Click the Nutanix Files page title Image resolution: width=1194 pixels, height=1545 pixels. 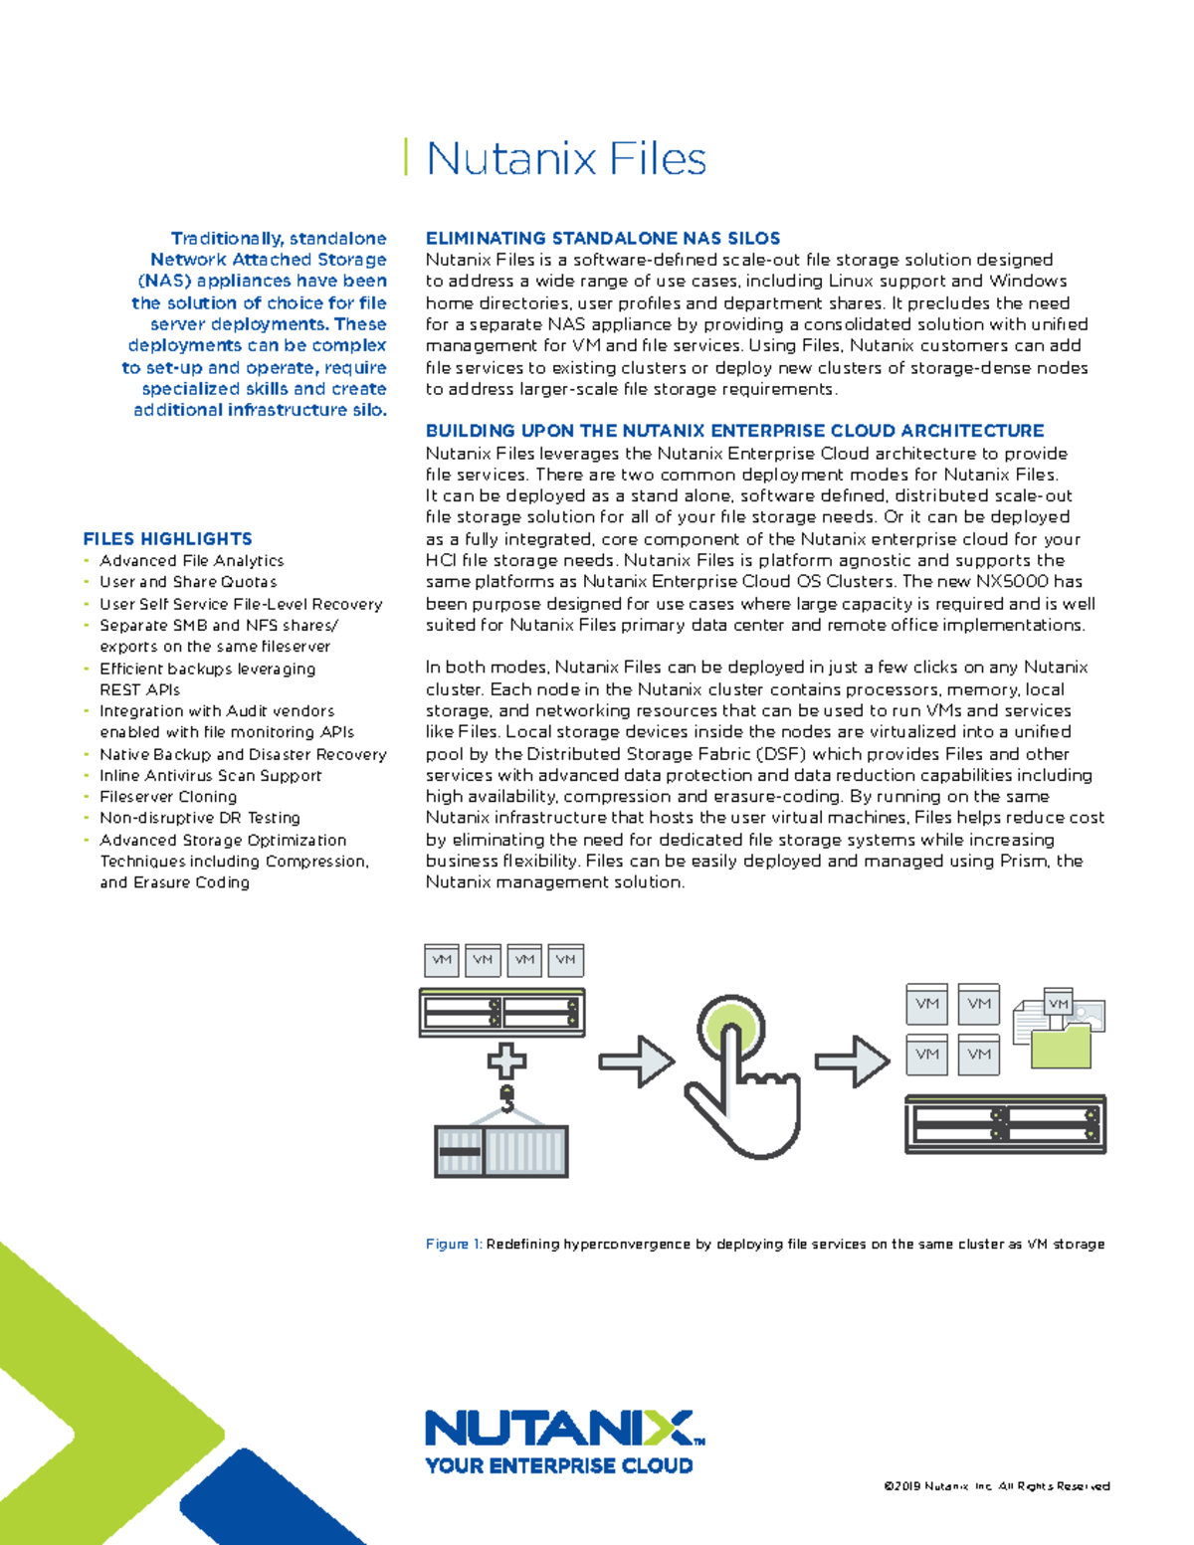(x=565, y=159)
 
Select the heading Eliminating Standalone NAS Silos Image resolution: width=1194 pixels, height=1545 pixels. (x=602, y=238)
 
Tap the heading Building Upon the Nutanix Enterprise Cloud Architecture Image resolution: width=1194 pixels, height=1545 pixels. (x=734, y=431)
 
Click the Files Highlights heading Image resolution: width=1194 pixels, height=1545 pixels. (x=167, y=539)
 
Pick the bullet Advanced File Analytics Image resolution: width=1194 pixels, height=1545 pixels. (x=191, y=561)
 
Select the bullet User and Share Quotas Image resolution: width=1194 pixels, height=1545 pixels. (x=188, y=582)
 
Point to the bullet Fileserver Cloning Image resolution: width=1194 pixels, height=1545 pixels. (x=168, y=797)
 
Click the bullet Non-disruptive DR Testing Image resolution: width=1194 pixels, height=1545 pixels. (x=199, y=818)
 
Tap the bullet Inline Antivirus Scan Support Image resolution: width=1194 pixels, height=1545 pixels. (x=210, y=776)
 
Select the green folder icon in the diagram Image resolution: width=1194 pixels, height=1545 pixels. (x=1061, y=1047)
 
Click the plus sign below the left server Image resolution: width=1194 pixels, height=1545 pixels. (x=506, y=1061)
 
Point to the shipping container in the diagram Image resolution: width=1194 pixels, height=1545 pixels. (x=501, y=1151)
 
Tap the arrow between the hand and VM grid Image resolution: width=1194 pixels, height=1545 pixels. (x=852, y=1062)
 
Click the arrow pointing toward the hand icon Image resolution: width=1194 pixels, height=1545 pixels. (x=636, y=1062)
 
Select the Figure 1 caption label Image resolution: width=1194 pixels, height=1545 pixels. (x=453, y=1244)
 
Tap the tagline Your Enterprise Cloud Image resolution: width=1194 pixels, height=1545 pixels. (x=558, y=1465)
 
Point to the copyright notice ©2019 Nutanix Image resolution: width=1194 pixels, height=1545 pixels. (x=996, y=1486)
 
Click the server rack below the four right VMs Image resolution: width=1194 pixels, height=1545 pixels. (x=1005, y=1124)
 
